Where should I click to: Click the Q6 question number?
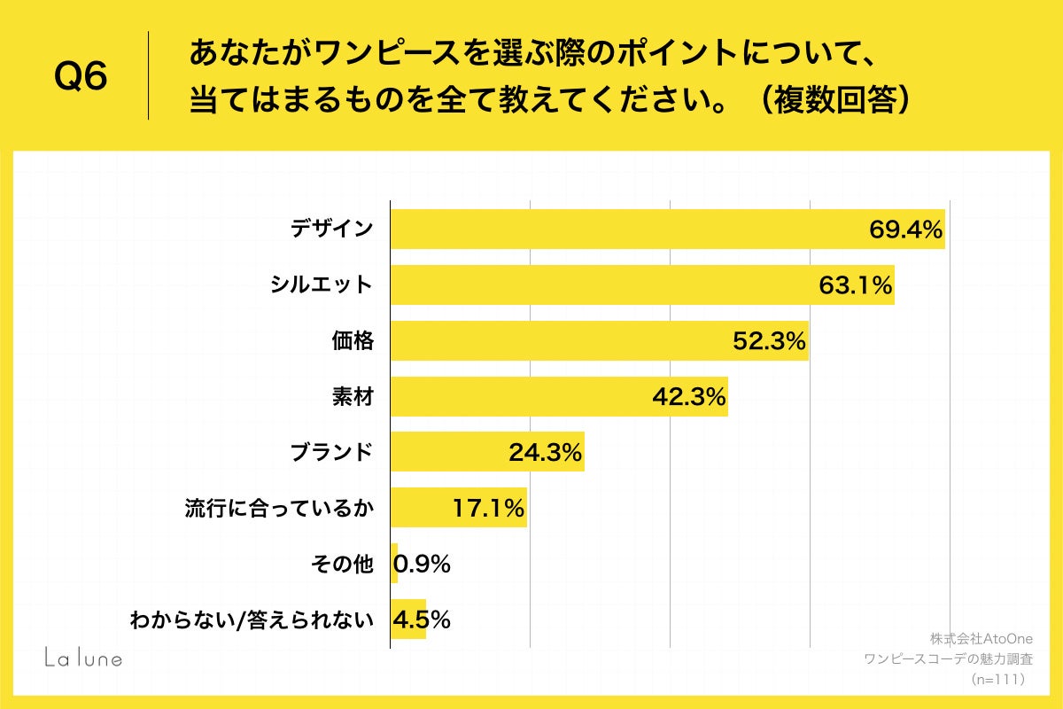coord(81,78)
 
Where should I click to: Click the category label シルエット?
coord(322,285)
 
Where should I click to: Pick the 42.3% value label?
coord(689,397)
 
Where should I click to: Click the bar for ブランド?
coord(487,452)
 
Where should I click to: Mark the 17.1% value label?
coord(488,509)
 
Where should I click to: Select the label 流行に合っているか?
coord(279,509)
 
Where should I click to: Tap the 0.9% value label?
coord(422,564)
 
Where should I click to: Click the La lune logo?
coord(83,658)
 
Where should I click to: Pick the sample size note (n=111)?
coord(998,680)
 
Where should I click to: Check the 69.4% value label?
coord(904,230)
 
